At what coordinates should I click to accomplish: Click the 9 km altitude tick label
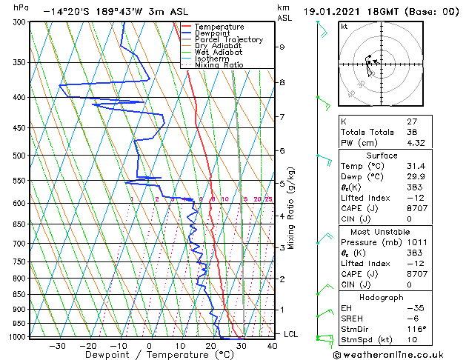click(x=282, y=47)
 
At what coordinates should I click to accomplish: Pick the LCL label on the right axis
click(x=292, y=334)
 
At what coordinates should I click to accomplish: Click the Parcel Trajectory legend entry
click(x=228, y=40)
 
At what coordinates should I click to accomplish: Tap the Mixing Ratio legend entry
click(x=219, y=65)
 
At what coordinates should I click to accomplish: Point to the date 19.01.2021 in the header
click(x=339, y=12)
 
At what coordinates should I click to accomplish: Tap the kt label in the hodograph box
click(x=344, y=27)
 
